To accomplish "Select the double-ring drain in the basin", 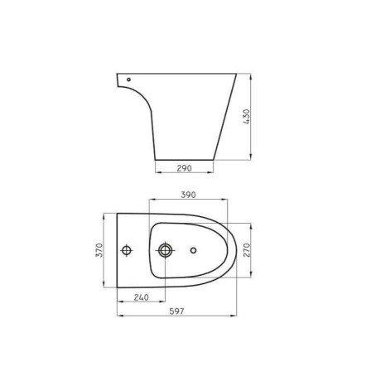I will tap(165, 249).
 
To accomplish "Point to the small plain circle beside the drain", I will tap(193, 249).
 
